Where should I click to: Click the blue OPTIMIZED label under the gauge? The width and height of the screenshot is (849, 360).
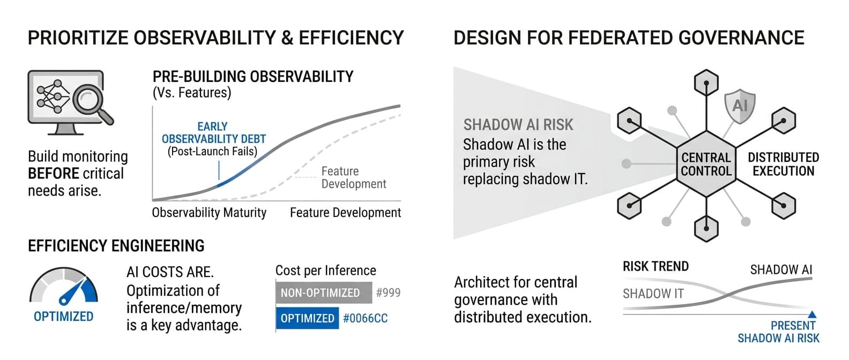(x=64, y=317)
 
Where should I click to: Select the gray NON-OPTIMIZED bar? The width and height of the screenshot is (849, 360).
(x=324, y=292)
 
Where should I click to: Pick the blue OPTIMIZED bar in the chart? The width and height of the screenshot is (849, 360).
(x=307, y=318)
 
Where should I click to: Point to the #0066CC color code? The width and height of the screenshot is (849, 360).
(x=366, y=318)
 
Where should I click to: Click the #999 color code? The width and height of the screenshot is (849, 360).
(x=388, y=292)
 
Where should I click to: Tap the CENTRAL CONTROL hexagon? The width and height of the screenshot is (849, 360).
(x=706, y=164)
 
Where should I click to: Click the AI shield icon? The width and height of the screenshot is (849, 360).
(x=740, y=106)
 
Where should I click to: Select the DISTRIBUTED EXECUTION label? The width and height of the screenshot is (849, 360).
(x=784, y=164)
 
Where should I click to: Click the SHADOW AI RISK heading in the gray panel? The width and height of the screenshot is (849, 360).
(x=518, y=125)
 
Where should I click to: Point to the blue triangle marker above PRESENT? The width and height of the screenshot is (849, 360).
(x=812, y=314)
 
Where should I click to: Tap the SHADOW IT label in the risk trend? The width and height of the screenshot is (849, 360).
(x=653, y=294)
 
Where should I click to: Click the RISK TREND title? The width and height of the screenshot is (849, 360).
(x=656, y=266)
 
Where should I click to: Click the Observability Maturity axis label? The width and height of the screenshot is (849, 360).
(x=209, y=213)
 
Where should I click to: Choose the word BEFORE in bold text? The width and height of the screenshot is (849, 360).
(x=53, y=174)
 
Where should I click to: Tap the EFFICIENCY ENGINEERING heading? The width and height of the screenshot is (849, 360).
(x=116, y=246)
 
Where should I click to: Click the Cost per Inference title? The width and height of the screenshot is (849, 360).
(x=325, y=271)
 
